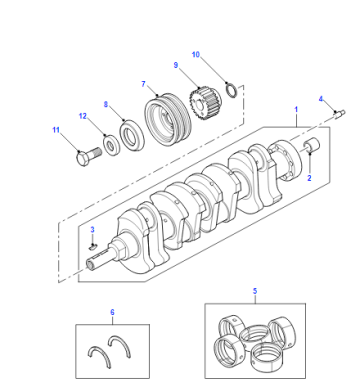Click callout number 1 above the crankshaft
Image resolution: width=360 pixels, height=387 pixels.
tap(296, 109)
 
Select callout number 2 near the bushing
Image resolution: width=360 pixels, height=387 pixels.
tap(309, 178)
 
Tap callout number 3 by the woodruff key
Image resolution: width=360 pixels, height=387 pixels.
tap(92, 230)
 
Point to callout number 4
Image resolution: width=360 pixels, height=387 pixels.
tap(321, 99)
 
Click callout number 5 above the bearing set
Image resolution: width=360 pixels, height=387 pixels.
tap(255, 291)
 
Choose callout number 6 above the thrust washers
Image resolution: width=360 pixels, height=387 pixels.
tap(112, 312)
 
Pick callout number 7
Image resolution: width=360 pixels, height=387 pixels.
tap(143, 84)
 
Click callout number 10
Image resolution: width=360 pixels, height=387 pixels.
tap(196, 54)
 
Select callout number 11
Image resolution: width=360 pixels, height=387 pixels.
tap(56, 130)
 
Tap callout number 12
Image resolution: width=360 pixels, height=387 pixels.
tap(83, 116)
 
